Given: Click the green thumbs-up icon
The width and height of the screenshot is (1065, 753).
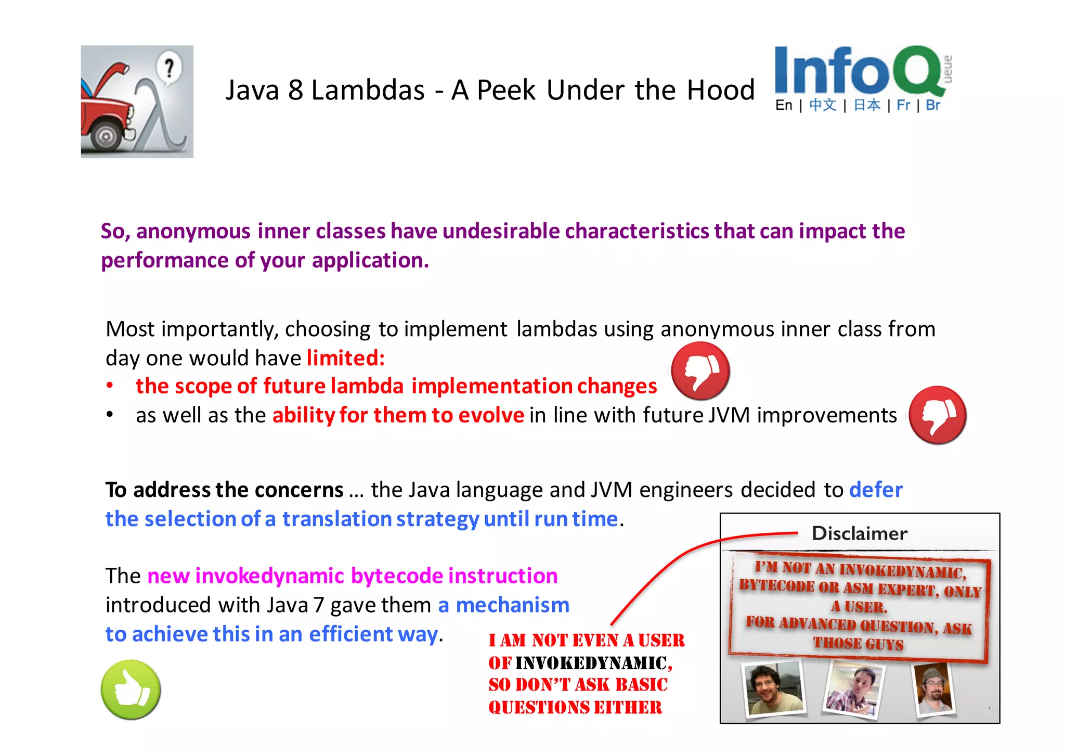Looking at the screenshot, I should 131,690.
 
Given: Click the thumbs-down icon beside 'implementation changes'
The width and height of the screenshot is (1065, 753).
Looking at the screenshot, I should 700,371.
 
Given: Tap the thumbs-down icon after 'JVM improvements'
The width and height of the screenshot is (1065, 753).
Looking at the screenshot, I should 938,415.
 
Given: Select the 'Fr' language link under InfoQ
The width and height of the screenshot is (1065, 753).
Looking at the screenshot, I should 903,106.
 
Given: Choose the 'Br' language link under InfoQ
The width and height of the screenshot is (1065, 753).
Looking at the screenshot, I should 933,106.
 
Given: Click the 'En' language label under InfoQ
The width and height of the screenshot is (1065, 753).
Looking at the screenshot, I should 784,106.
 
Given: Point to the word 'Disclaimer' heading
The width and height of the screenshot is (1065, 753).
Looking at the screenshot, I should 860,533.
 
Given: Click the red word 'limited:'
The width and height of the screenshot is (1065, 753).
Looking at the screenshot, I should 346,358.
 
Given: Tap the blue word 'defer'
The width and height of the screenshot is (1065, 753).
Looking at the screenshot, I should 876,490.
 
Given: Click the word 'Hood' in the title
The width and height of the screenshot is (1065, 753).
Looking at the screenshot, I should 721,91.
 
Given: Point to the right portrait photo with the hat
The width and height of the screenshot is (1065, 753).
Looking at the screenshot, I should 934,688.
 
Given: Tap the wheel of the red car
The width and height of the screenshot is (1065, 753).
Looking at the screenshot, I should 107,137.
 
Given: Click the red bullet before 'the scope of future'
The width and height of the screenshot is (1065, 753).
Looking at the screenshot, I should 110,386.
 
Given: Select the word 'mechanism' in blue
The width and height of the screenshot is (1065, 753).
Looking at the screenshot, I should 512,605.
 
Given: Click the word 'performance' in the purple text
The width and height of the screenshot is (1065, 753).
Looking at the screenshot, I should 164,260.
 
